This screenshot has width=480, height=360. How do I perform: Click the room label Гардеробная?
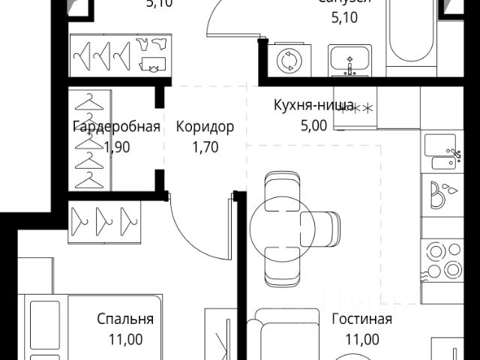[116, 127]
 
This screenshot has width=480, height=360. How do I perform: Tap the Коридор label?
[205, 127]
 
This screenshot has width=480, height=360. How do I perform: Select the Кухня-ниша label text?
[313, 105]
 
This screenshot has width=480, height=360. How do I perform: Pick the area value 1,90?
[116, 147]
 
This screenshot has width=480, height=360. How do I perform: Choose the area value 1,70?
[205, 147]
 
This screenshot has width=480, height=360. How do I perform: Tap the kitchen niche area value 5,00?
[313, 125]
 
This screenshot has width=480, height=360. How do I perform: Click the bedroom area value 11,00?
[125, 340]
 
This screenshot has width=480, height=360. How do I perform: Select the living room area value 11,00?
[361, 340]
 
